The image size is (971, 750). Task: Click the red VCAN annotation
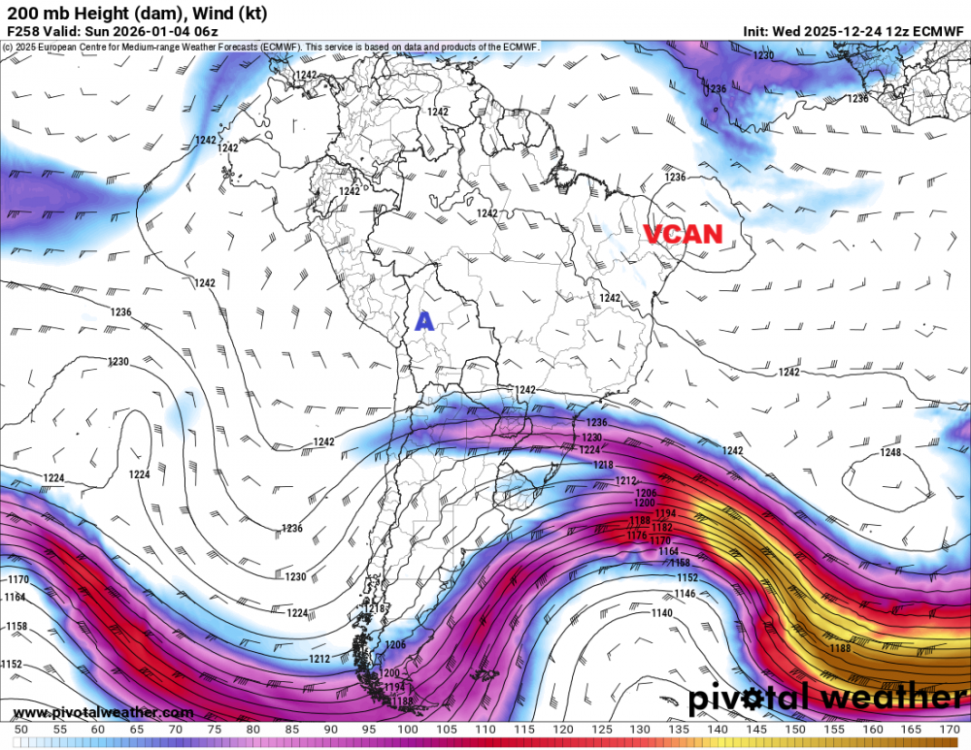pos(685,234)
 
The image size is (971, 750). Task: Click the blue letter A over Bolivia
pos(423,321)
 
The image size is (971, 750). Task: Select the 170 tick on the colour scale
pos(950,729)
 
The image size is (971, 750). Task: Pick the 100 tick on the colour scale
pos(407,729)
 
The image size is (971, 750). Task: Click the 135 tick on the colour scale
pos(679,729)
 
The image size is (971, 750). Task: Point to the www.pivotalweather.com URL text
pos(88,713)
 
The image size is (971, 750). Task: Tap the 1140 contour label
pos(661,613)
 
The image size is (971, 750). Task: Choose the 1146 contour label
pos(685,593)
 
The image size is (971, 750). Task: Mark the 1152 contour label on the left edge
pos(12,664)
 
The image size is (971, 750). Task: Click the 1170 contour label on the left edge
pos(17,580)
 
